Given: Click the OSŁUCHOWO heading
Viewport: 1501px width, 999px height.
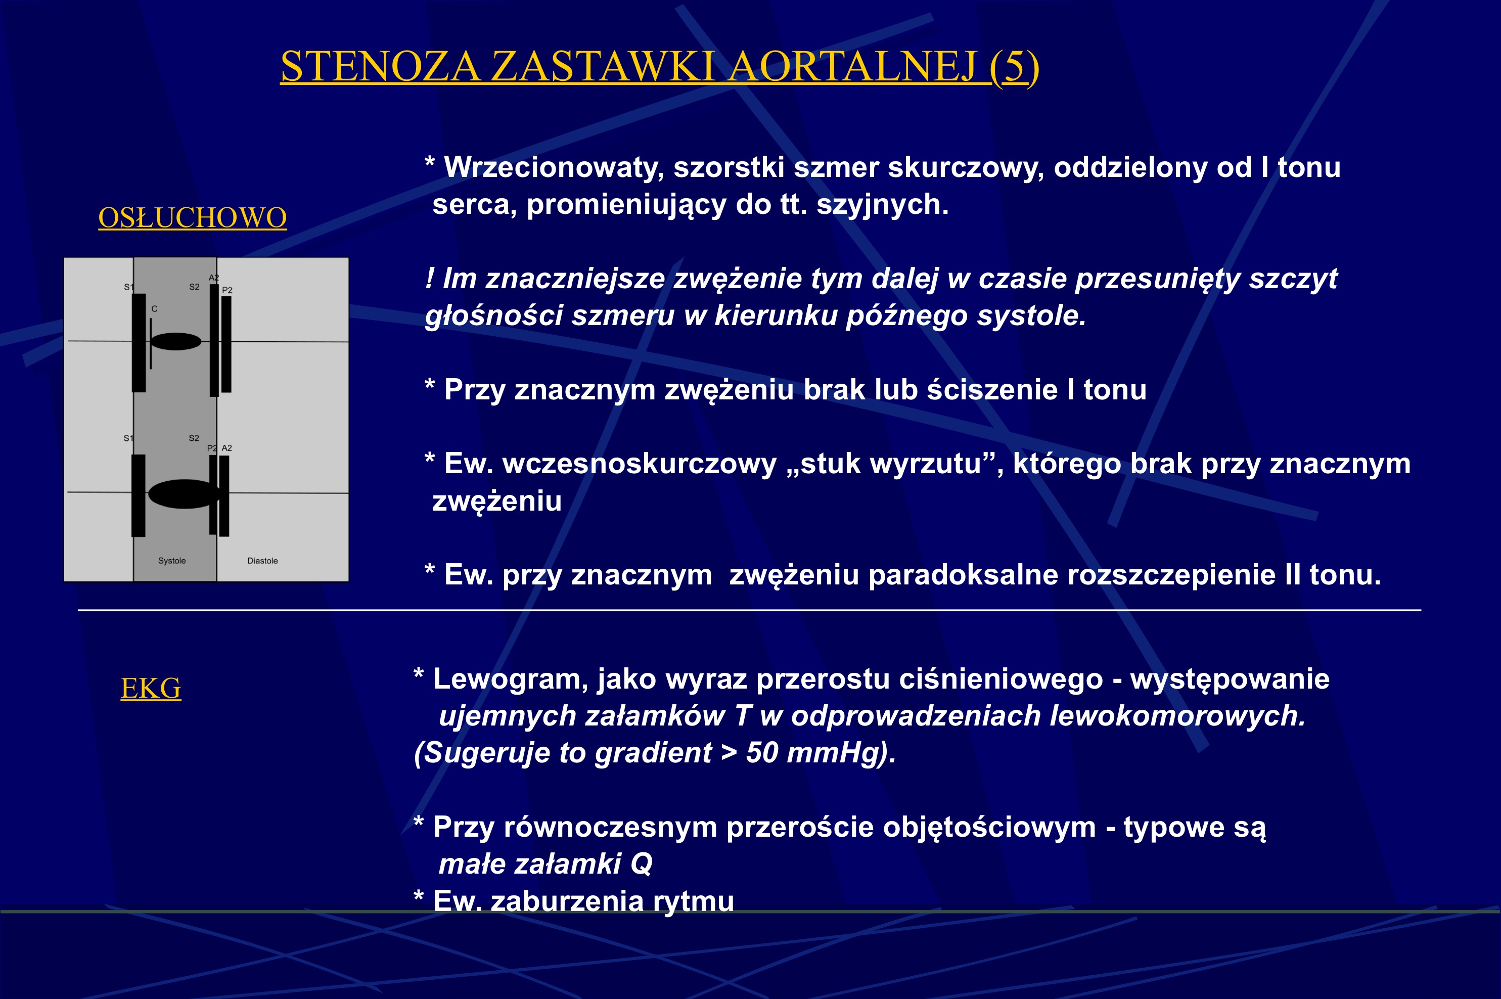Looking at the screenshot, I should pos(193,218).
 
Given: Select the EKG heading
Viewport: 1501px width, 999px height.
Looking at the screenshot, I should pos(151,688).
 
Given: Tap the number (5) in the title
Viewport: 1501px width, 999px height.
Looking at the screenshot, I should pos(1014,66).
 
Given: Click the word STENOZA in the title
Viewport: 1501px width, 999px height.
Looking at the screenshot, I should pos(380,66).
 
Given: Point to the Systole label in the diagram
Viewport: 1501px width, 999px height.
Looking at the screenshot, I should pos(172,561).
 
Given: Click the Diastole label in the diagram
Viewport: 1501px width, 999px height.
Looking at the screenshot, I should pos(262,561).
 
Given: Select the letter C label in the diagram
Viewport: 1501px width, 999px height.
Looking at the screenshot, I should pos(154,309).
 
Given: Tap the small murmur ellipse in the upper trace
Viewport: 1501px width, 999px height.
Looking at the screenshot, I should pos(176,341).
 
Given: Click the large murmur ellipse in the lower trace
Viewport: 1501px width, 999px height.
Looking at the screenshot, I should pos(184,494).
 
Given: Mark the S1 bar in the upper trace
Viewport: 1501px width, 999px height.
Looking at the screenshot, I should pos(139,342).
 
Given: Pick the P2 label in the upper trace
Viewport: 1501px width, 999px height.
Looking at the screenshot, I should pos(228,290).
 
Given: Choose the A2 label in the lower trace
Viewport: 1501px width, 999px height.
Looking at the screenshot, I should pos(227,448).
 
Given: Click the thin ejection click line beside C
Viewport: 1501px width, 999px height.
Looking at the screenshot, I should pos(150,344).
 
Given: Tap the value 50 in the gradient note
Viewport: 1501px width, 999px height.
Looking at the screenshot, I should pos(762,752).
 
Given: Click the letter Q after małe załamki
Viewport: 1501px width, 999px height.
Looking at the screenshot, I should pos(641,864).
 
